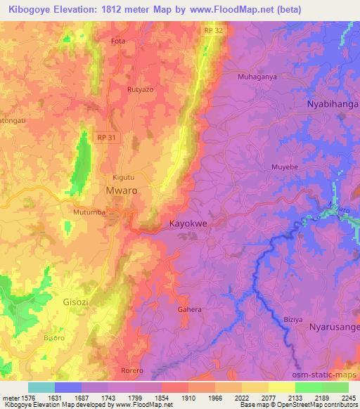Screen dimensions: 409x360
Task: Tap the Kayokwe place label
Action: (x=188, y=224)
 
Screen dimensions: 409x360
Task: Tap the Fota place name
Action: (x=118, y=41)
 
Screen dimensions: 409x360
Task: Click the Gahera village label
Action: (x=190, y=309)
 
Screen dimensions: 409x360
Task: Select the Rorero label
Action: (x=131, y=370)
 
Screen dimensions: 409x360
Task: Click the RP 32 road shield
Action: (x=212, y=30)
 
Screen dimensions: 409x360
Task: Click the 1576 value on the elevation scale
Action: (x=17, y=398)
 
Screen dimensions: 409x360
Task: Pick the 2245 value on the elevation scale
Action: (x=347, y=398)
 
